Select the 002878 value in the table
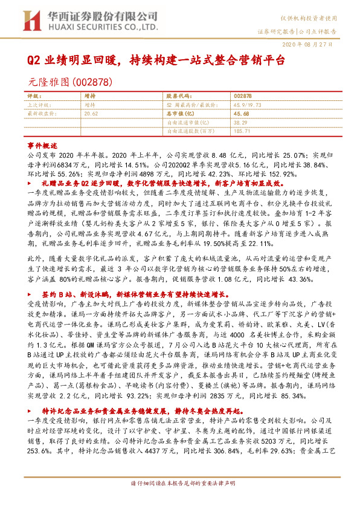pyautogui.click(x=242, y=96)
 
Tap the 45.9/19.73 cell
pyautogui.click(x=246, y=104)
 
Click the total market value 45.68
pyautogui.click(x=241, y=113)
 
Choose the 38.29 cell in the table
pyautogui.click(x=241, y=122)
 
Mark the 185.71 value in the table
pyautogui.click(x=242, y=130)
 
